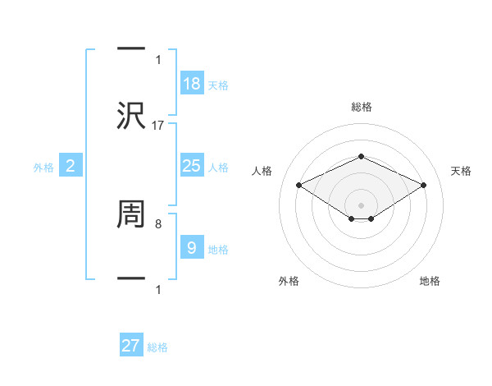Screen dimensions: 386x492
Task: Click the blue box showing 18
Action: click(x=191, y=84)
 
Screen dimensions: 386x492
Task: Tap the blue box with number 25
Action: click(x=191, y=166)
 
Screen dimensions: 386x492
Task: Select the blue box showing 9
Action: click(x=191, y=248)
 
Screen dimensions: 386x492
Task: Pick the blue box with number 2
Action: click(x=70, y=166)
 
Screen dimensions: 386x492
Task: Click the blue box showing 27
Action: click(x=130, y=346)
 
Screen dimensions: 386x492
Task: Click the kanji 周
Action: click(x=131, y=214)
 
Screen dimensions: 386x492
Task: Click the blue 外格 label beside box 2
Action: click(x=43, y=168)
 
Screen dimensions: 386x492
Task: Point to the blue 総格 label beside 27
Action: click(x=157, y=347)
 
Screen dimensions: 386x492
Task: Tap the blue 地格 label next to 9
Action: click(x=218, y=250)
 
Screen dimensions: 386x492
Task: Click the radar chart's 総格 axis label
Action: click(x=361, y=107)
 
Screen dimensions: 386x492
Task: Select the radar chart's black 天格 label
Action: click(x=461, y=171)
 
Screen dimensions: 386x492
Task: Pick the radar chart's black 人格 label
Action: click(x=262, y=171)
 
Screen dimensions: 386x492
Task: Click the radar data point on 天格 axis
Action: click(x=423, y=185)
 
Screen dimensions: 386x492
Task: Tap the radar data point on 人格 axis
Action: click(x=298, y=185)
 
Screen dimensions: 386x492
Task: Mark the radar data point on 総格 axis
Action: click(x=361, y=156)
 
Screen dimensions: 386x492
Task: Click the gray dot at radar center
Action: click(x=361, y=204)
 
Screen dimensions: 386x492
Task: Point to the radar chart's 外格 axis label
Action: click(x=289, y=281)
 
